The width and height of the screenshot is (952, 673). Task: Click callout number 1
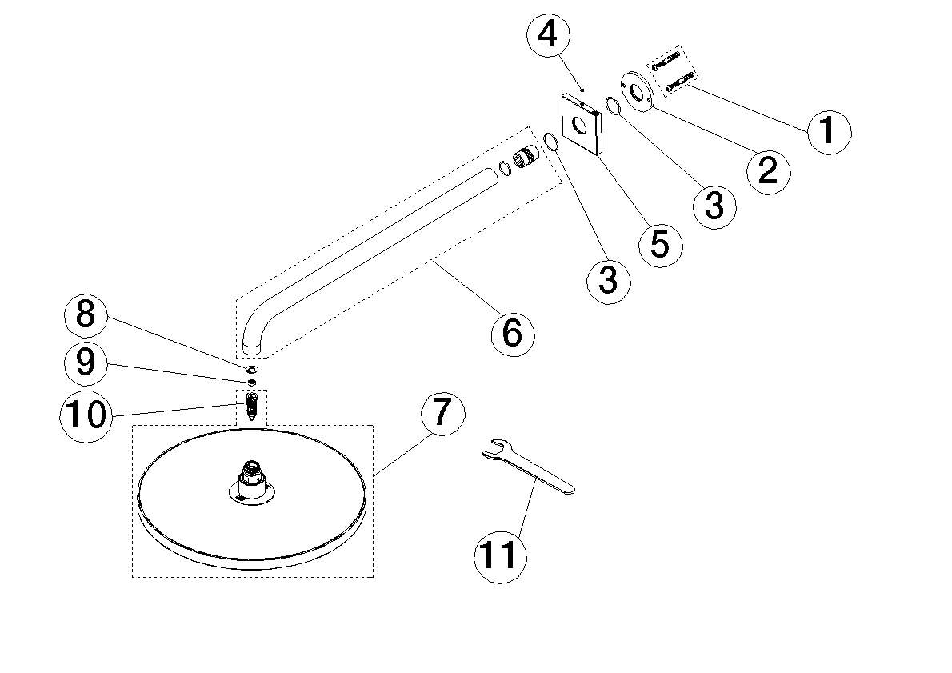(828, 130)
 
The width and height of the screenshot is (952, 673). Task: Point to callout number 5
(660, 243)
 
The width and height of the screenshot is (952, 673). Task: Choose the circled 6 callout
(512, 331)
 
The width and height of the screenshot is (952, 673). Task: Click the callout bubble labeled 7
(442, 413)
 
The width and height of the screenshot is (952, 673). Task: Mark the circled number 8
(86, 314)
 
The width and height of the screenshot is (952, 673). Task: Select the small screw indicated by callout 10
(253, 403)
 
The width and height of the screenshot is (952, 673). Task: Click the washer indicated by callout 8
(252, 370)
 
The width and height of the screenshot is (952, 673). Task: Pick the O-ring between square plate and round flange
(613, 106)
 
